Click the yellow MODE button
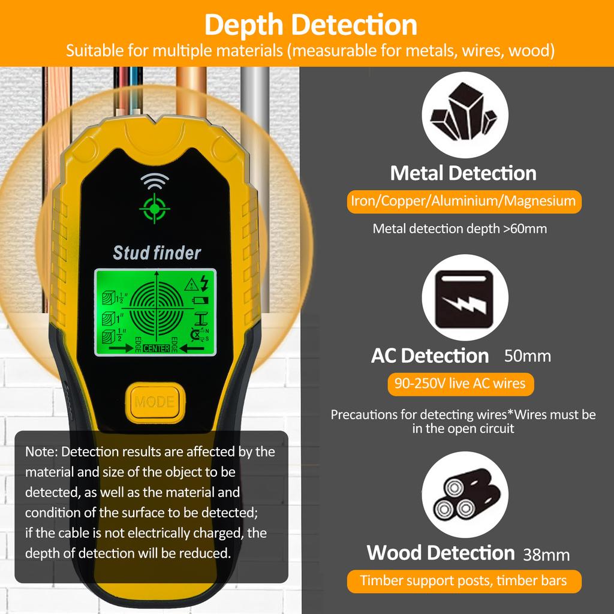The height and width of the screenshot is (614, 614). (x=155, y=402)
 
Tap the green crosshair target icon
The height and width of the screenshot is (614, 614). (x=155, y=208)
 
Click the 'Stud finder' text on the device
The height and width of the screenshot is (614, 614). (x=156, y=253)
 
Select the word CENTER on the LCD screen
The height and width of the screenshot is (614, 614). (x=156, y=348)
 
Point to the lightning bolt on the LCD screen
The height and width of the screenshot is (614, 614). (x=204, y=283)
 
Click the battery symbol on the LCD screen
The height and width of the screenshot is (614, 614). (x=200, y=301)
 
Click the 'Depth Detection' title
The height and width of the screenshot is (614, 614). (x=311, y=25)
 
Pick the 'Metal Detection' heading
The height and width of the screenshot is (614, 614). (x=463, y=173)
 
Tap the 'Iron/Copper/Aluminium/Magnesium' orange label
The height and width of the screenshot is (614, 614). (x=464, y=201)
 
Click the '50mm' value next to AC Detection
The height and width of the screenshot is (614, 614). (x=528, y=356)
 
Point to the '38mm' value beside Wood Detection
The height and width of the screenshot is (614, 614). (x=546, y=555)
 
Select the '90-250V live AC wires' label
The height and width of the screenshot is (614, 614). (x=460, y=384)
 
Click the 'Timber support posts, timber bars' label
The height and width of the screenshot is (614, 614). (x=464, y=581)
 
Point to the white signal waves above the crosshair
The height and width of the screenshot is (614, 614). (x=155, y=181)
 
